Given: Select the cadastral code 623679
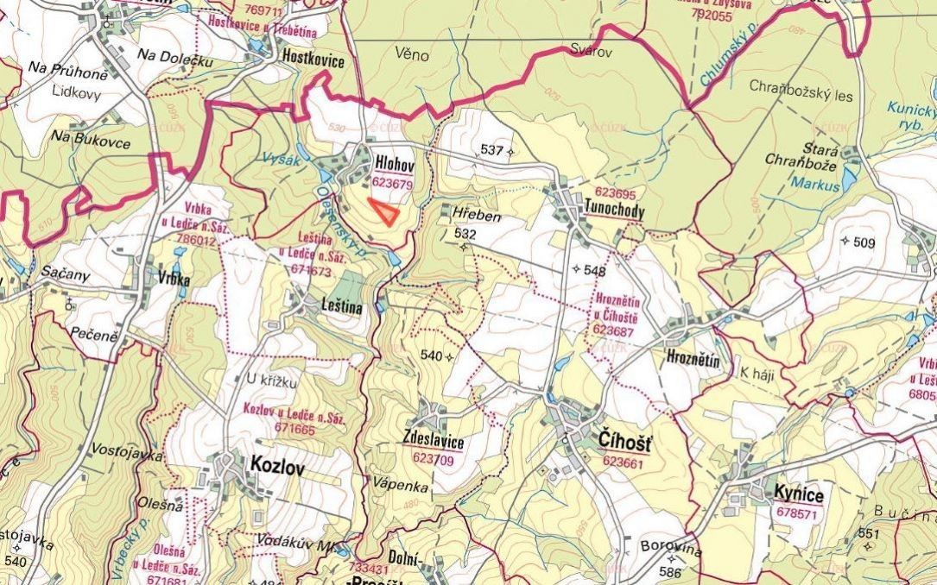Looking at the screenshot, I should tap(392, 183).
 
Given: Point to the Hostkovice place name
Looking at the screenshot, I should tap(313, 61).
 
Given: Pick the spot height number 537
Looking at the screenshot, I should tap(491, 150).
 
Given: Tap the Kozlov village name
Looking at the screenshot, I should tap(277, 465).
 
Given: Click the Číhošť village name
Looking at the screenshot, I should tap(626, 442).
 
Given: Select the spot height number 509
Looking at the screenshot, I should tap(863, 243).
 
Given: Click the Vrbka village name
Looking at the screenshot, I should tap(173, 280).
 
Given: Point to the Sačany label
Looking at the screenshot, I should tap(65, 274).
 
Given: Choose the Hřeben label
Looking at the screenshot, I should tap(477, 214).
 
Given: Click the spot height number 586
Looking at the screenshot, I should tap(670, 571).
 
